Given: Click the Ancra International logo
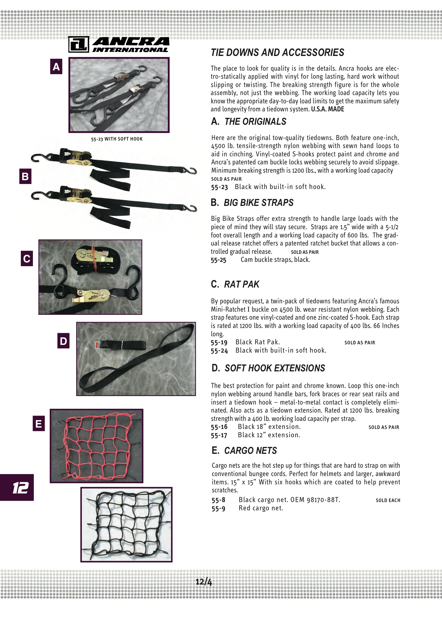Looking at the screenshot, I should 119,44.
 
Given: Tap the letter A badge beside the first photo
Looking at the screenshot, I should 56,66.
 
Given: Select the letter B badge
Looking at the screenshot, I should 25,176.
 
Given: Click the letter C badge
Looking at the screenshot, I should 27,258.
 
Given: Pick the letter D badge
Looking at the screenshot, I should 63,341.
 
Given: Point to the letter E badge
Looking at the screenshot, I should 39,423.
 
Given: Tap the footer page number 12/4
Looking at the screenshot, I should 204,582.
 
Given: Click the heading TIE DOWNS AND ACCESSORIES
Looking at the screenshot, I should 277,52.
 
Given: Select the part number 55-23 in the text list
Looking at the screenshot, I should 219,187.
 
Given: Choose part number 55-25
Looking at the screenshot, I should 219,260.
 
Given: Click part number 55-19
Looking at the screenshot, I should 219,342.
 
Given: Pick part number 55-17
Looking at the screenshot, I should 219,435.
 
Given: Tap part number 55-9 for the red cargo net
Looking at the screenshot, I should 219,508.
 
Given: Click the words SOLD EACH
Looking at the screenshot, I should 388,500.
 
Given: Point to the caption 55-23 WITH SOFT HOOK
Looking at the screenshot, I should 117,139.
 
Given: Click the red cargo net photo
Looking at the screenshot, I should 97,446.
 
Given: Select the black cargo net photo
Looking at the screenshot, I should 127,525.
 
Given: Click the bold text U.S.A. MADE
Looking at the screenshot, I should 327,109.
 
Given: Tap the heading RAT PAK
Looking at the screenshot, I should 241,284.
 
